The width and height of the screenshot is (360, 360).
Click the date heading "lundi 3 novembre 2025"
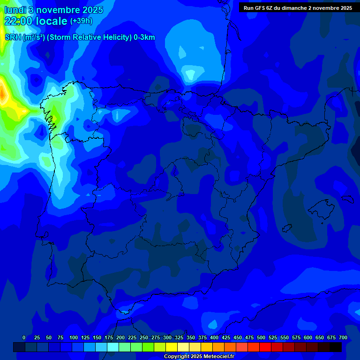[53, 10]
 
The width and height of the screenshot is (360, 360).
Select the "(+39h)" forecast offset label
[81, 21]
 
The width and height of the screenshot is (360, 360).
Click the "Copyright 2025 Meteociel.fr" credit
[199, 357]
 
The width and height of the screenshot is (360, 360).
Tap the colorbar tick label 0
[24, 337]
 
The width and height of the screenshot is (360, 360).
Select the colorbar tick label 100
[74, 337]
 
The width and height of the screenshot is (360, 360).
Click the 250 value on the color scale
[144, 337]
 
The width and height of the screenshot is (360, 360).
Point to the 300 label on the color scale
[167, 337]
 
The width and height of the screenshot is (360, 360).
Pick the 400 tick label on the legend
[214, 337]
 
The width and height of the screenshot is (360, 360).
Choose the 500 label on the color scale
[261, 337]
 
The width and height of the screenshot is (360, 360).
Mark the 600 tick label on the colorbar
[308, 337]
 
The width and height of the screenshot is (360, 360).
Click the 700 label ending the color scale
[343, 337]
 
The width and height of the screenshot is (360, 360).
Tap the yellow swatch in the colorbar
[172, 347]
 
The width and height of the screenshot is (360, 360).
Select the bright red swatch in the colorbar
[265, 347]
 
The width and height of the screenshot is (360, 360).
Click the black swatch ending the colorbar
[336, 347]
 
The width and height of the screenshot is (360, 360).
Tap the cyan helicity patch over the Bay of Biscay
[190, 74]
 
